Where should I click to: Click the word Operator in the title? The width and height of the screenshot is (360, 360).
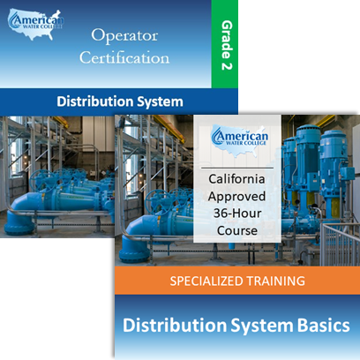point(124,36)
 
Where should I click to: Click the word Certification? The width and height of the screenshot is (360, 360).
point(124,57)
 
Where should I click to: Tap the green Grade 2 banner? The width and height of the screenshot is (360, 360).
point(225,44)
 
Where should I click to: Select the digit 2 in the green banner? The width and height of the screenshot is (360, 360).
point(227,64)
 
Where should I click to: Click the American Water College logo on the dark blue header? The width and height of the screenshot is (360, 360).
point(35,25)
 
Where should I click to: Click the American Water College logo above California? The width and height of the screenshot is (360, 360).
point(239,139)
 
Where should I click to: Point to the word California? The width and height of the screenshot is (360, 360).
point(236,179)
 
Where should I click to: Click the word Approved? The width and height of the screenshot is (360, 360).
point(236,197)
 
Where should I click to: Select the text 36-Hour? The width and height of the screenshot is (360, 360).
point(237,214)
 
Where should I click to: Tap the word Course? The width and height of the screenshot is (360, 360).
point(237,230)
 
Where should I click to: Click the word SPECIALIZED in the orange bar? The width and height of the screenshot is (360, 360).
point(206,281)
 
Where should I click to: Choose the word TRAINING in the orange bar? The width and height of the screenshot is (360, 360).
point(275,281)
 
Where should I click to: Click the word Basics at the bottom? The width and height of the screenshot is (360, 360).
point(324,326)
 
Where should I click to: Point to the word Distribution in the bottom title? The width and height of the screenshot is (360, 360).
point(175,326)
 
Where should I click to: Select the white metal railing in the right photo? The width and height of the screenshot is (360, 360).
point(340,244)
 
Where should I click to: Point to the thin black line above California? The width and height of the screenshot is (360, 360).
point(237,168)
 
